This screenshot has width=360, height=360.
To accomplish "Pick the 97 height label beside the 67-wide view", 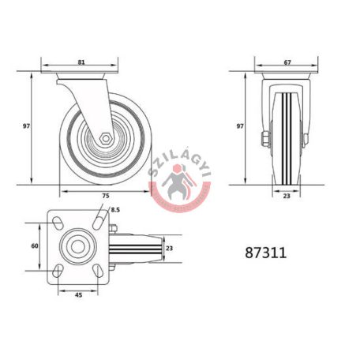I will pos(240,126).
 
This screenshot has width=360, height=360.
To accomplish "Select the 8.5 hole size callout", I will pos(115,210).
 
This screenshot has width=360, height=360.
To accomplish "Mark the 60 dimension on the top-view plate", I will pos(36,246).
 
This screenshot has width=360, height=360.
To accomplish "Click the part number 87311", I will pos(265,254).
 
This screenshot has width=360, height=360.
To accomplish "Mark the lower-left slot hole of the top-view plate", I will pos(58,270).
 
